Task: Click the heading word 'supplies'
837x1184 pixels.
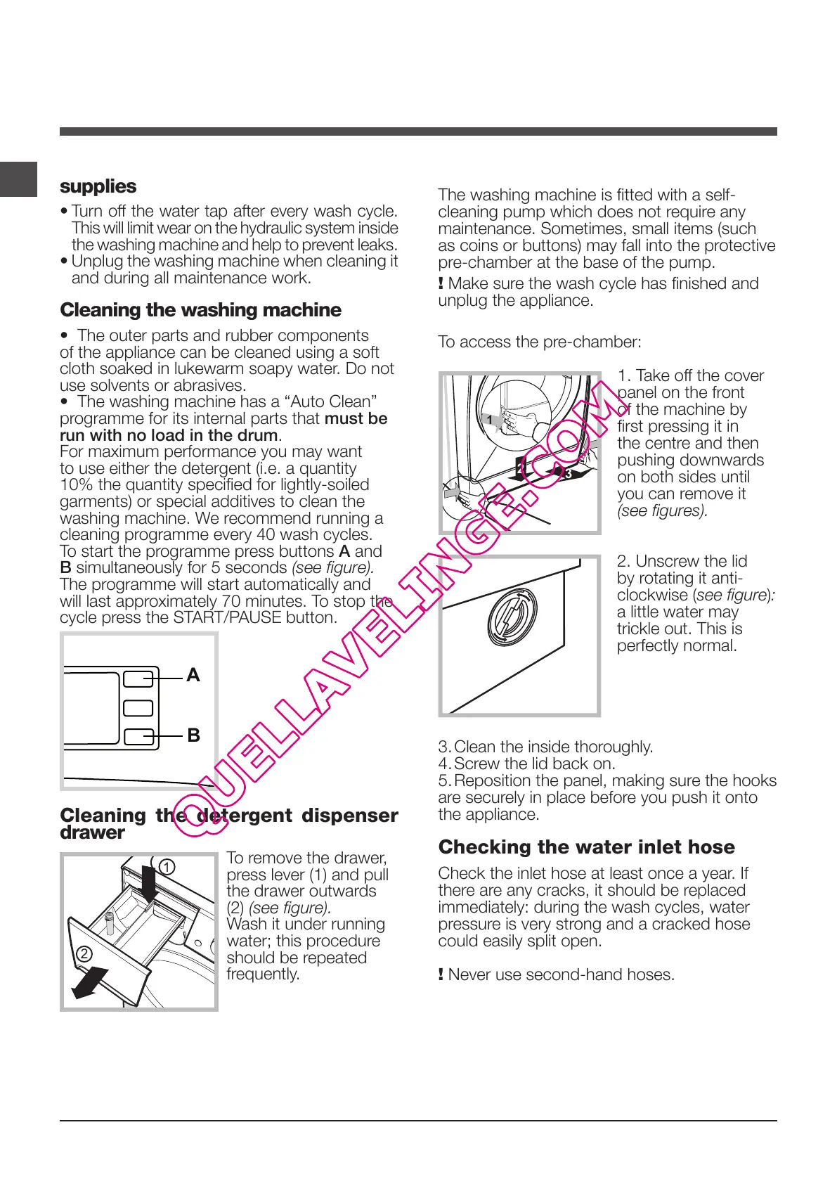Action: pyautogui.click(x=98, y=186)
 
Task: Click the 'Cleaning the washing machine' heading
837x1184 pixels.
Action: pyautogui.click(x=200, y=310)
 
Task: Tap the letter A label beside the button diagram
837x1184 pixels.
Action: pyautogui.click(x=193, y=675)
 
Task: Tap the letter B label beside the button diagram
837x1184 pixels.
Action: pyautogui.click(x=193, y=735)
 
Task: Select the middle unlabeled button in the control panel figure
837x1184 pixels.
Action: pyautogui.click(x=138, y=707)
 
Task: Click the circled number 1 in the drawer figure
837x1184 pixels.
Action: pyautogui.click(x=167, y=868)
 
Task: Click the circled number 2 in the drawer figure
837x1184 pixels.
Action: pyautogui.click(x=84, y=954)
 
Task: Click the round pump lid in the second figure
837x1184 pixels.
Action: pyautogui.click(x=512, y=617)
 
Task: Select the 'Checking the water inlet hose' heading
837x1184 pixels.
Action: pyautogui.click(x=586, y=847)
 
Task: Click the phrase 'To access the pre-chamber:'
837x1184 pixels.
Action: pyautogui.click(x=539, y=342)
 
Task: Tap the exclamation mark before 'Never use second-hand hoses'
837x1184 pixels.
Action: pyautogui.click(x=441, y=974)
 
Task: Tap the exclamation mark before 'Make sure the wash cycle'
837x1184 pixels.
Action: pyautogui.click(x=441, y=284)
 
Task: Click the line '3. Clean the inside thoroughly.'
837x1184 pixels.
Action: pyautogui.click(x=545, y=747)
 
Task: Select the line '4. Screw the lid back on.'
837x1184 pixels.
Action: pyautogui.click(x=526, y=764)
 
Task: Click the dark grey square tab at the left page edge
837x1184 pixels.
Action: pyautogui.click(x=18, y=179)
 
